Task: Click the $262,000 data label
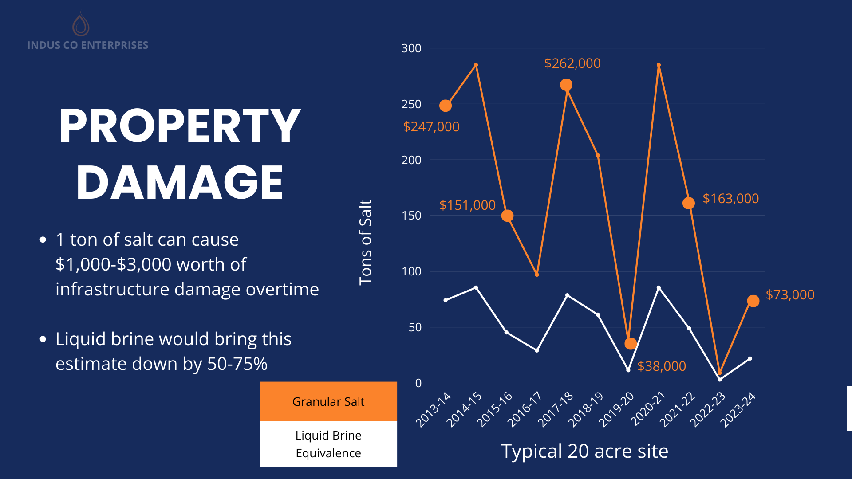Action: point(572,63)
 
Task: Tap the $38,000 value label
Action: point(661,366)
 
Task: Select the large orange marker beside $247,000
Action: point(446,106)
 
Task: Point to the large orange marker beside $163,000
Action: point(688,203)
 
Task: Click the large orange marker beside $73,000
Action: point(753,301)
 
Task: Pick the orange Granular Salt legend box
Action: point(328,401)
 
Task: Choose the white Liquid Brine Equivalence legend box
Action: point(328,444)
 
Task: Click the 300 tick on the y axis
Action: point(411,48)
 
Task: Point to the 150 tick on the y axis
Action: point(411,216)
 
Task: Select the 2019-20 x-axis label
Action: point(617,410)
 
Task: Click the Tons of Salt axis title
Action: point(365,242)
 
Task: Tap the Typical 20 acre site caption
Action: point(584,451)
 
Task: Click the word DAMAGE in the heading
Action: point(180,182)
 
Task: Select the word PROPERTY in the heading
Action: point(180,126)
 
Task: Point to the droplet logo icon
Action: point(81,24)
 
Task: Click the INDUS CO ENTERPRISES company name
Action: point(88,45)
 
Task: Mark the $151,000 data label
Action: point(467,205)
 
